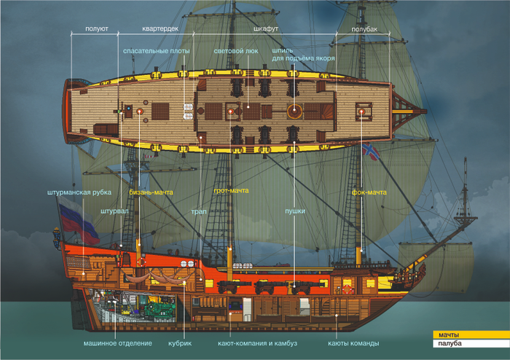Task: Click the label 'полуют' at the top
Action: (x=96, y=29)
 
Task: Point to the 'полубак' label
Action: (x=364, y=29)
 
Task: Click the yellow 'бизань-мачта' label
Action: (x=151, y=192)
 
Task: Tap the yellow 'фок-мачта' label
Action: (x=369, y=192)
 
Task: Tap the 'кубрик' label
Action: (x=180, y=343)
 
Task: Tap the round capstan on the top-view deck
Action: (x=294, y=111)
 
